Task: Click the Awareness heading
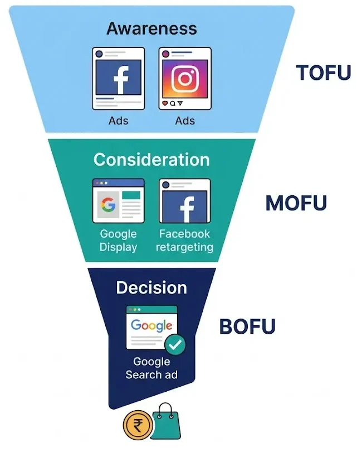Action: tap(151, 28)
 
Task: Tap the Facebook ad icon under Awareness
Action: tap(118, 78)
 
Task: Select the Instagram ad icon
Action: tap(184, 78)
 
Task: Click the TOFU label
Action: tap(324, 73)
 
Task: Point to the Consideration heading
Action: tap(151, 160)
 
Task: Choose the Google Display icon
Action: tap(118, 201)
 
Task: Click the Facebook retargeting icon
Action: tap(184, 201)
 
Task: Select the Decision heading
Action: tap(151, 287)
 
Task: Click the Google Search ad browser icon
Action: tap(151, 326)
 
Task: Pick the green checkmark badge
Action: tap(176, 345)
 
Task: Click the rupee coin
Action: tap(138, 427)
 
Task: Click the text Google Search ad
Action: tap(151, 368)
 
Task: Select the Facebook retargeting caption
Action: tap(184, 241)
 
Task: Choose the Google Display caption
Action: tap(118, 241)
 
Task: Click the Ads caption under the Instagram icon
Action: tap(184, 121)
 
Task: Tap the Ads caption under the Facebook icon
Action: tap(118, 121)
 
